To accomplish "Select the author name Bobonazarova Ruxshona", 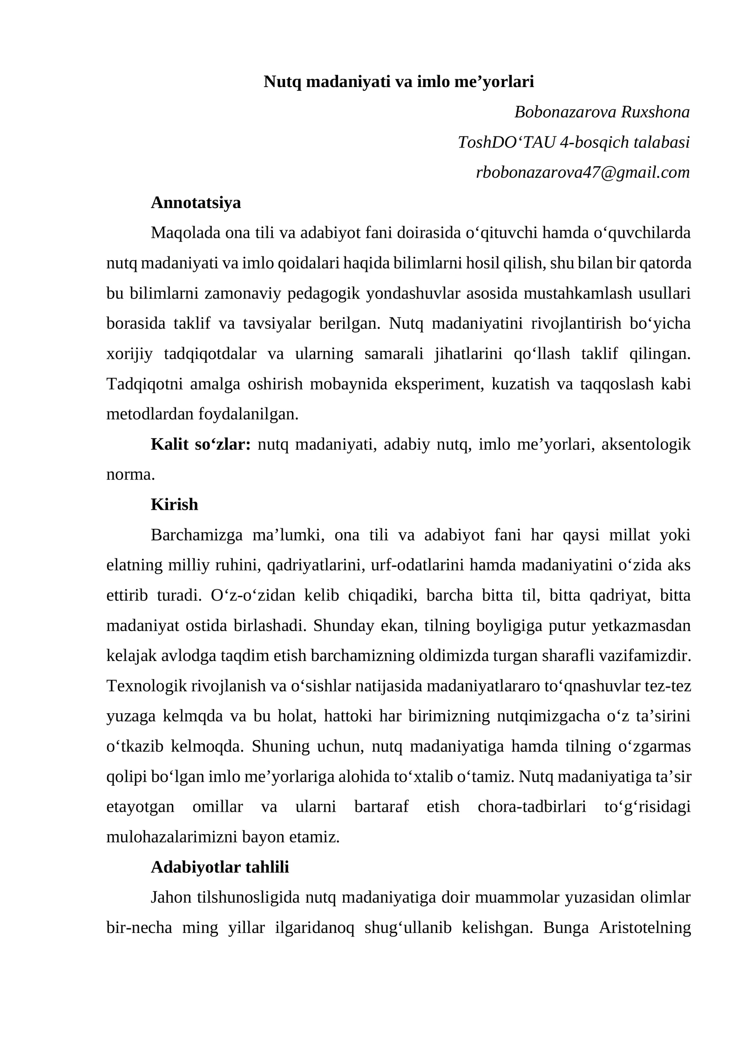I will click(602, 112).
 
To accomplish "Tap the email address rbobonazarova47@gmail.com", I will click(582, 172).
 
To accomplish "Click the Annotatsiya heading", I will click(196, 202).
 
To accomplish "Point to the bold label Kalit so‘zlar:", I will click(201, 444).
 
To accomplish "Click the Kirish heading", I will click(174, 505).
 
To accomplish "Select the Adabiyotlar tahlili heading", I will click(220, 867).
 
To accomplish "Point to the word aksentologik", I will click(646, 444).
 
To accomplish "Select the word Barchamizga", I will click(196, 535).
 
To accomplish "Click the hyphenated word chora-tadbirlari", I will click(532, 806).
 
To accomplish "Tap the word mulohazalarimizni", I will click(171, 837).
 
